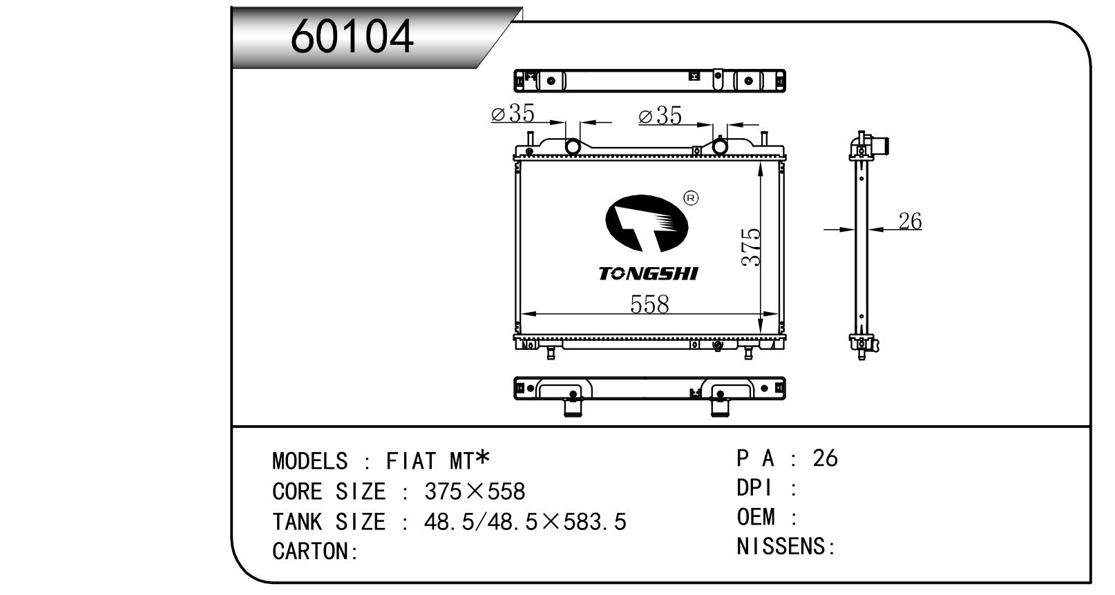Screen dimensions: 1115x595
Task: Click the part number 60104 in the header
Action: click(x=352, y=36)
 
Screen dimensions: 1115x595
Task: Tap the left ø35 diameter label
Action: click(x=513, y=113)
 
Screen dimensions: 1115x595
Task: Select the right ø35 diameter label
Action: click(x=660, y=115)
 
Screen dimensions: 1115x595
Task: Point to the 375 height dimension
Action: click(x=751, y=247)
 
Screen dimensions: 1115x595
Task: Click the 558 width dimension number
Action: click(x=649, y=304)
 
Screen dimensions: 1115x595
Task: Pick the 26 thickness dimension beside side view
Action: click(x=911, y=221)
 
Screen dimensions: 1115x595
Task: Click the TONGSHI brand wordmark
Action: click(x=648, y=273)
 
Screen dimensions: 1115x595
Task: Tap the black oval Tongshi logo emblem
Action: click(x=647, y=223)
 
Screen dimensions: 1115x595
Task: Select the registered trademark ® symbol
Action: click(x=691, y=198)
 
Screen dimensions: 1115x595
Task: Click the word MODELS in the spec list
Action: click(x=309, y=461)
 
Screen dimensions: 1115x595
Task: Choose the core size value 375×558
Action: click(x=475, y=491)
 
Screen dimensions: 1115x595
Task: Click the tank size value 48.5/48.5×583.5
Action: click(x=525, y=522)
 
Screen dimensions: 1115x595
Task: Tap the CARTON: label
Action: click(x=315, y=552)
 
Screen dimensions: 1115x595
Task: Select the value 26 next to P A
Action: click(x=826, y=458)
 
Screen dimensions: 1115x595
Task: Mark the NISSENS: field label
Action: click(x=786, y=546)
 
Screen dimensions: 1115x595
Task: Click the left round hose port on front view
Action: click(x=573, y=147)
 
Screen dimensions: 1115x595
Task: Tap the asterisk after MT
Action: click(x=482, y=457)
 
